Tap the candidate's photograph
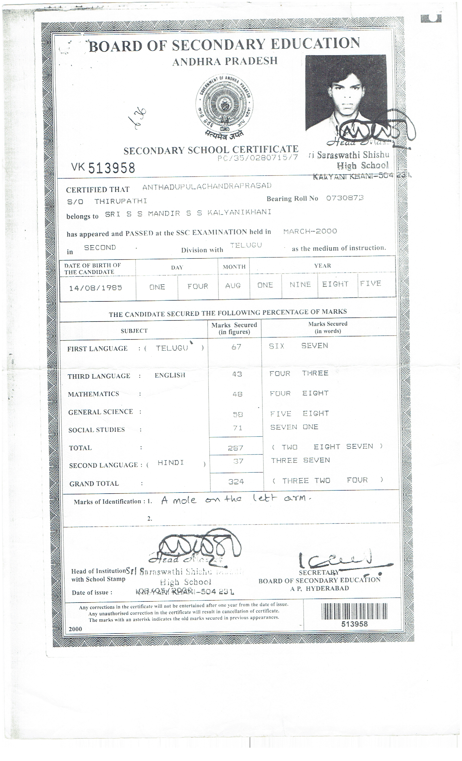(x=346, y=93)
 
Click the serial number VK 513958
(x=103, y=168)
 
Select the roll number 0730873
(x=345, y=198)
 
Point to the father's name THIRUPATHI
(x=120, y=201)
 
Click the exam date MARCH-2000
(x=310, y=231)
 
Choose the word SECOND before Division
(x=100, y=248)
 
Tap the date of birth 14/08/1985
(x=96, y=288)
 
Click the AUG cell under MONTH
(x=233, y=286)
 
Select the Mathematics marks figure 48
(x=237, y=394)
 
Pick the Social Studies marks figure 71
(x=237, y=428)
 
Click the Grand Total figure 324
(x=236, y=482)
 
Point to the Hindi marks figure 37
(x=236, y=461)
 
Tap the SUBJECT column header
(x=134, y=331)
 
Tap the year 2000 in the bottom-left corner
(x=75, y=629)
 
